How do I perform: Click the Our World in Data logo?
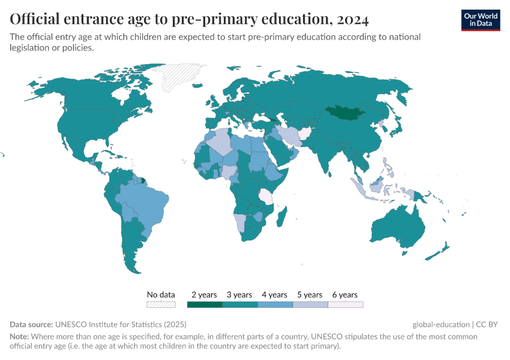(480, 20)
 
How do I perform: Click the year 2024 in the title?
(353, 20)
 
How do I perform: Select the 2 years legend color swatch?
(205, 304)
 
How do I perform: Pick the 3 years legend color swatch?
(239, 304)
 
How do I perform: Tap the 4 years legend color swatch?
(275, 304)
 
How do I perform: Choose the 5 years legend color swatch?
(310, 304)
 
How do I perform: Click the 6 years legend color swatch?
(345, 304)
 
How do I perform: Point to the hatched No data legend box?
(161, 304)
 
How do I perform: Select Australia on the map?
(397, 228)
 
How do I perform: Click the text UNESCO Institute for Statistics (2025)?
(119, 324)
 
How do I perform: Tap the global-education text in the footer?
(440, 324)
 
